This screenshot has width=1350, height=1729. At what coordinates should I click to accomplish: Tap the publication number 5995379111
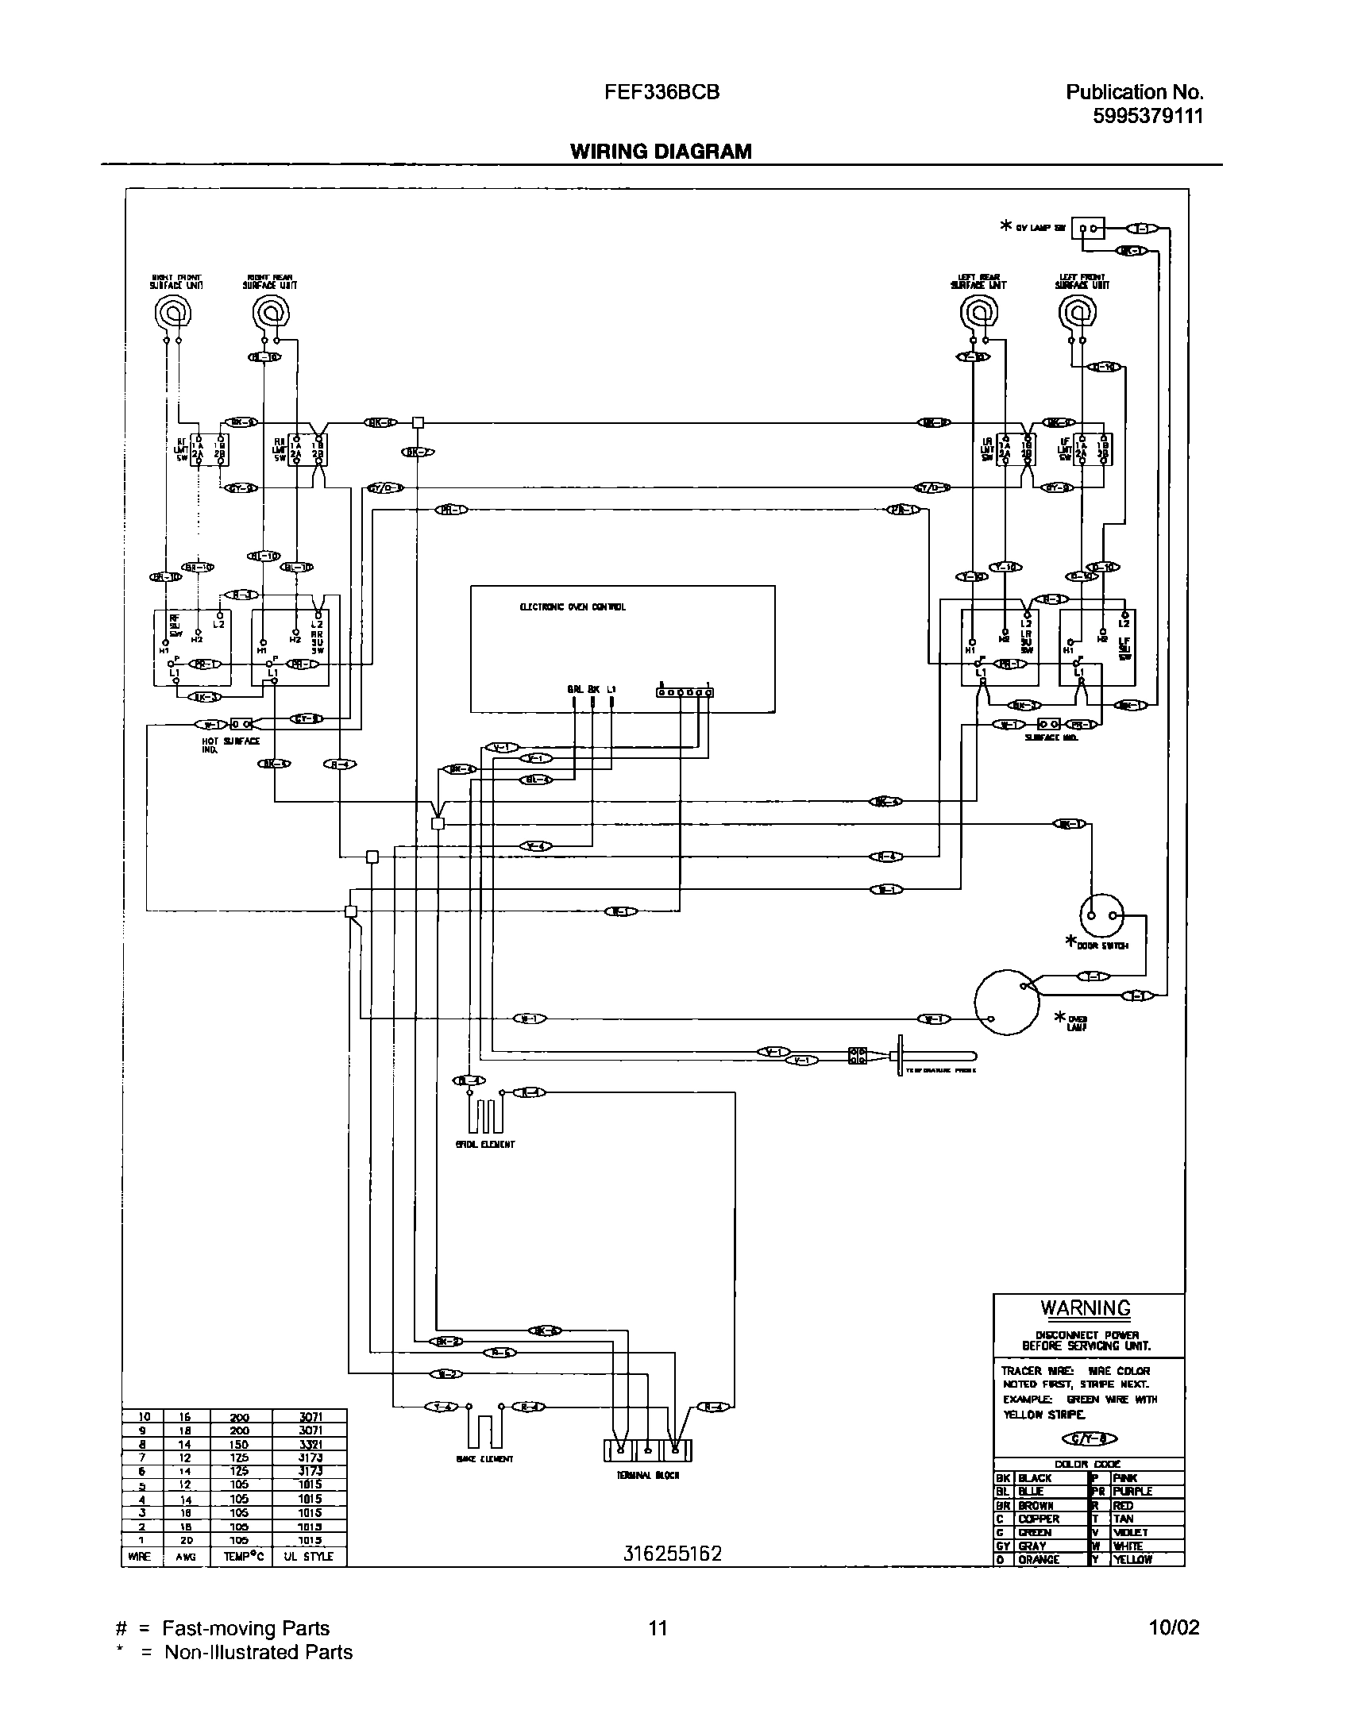tap(1148, 116)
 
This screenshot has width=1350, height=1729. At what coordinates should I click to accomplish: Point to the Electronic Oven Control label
tap(573, 607)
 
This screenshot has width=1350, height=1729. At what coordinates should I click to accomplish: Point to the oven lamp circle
tap(1006, 1003)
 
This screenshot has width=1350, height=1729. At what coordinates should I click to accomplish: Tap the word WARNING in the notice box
tap(1085, 1308)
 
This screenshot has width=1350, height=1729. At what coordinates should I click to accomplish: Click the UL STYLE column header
tap(309, 1557)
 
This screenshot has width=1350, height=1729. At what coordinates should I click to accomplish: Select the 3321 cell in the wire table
tap(309, 1445)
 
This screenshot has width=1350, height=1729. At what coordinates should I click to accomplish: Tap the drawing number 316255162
tap(673, 1554)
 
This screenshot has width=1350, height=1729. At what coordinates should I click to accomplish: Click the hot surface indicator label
tap(230, 744)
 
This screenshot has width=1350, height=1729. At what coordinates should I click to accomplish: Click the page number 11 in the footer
tap(658, 1628)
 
